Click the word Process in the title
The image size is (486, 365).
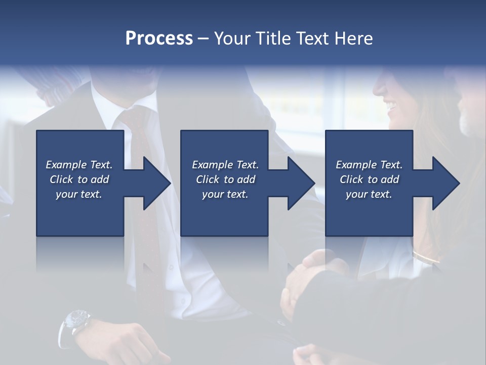tap(159, 39)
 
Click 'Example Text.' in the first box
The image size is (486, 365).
tap(79, 165)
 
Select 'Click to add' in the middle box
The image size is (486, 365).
tap(225, 179)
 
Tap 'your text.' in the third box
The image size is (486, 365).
tap(369, 194)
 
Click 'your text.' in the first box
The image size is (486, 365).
tap(79, 194)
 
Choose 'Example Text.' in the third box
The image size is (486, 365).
tap(369, 165)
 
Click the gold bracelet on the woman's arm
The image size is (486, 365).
tap(425, 257)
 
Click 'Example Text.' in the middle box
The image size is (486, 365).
tap(225, 165)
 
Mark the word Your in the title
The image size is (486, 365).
tap(232, 39)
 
